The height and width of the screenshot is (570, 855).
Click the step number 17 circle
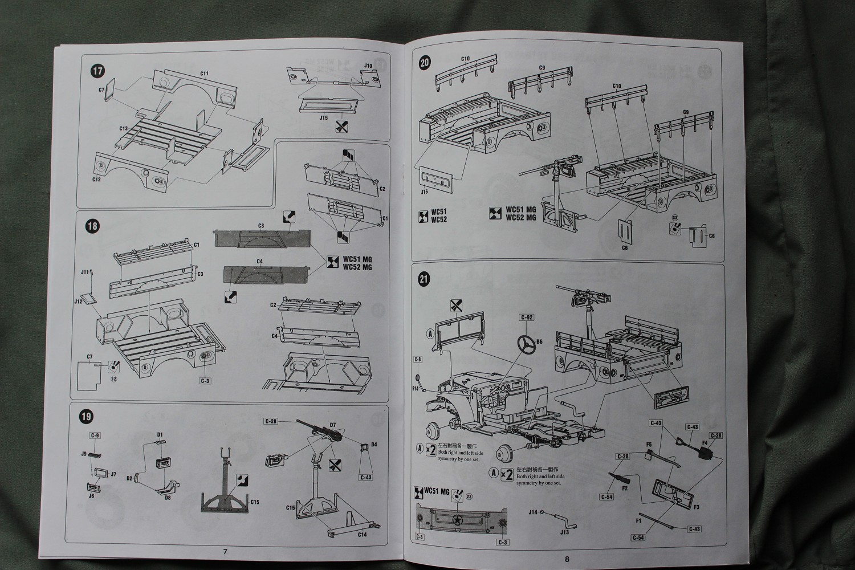(97, 71)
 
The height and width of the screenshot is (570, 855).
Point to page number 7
(225, 552)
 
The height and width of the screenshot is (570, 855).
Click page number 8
(567, 559)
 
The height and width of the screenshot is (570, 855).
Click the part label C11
(205, 74)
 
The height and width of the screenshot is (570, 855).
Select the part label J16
(424, 193)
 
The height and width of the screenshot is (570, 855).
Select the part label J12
(78, 298)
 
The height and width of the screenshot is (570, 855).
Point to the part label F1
(639, 520)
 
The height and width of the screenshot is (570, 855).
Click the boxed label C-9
(95, 436)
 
